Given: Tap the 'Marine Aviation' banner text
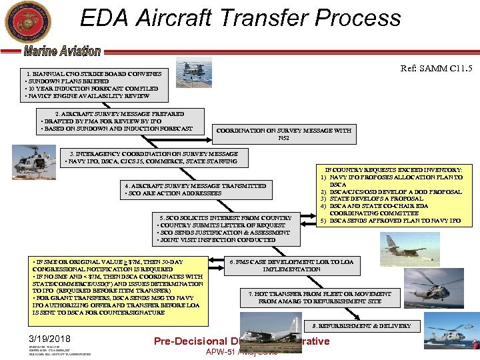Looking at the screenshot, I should point(62,51).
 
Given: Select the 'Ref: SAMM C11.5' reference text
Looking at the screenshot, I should point(436,68).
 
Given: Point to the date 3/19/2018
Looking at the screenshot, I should point(50,339).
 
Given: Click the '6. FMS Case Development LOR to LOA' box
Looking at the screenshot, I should point(291,265).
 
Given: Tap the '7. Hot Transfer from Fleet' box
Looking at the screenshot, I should point(319,297).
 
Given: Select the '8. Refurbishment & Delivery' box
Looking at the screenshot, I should point(357,326).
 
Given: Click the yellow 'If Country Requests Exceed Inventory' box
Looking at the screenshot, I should point(394,195).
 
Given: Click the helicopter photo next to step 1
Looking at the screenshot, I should point(194,71).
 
